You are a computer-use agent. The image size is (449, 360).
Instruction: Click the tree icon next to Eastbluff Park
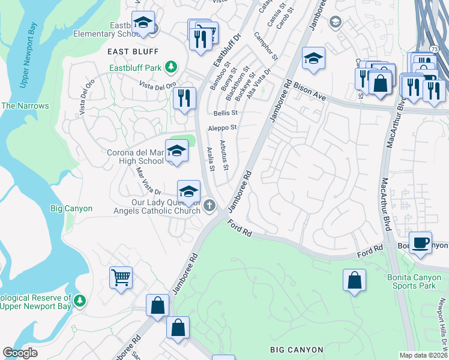tap(171, 67)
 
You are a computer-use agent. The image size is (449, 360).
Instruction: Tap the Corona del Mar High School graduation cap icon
tap(176, 151)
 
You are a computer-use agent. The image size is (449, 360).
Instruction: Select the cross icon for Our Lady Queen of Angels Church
tap(209, 206)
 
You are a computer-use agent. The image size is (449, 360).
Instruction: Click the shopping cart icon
tap(121, 278)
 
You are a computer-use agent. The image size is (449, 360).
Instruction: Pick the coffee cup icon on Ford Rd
tap(421, 242)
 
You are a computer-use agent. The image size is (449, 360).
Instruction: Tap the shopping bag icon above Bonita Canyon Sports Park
tap(355, 280)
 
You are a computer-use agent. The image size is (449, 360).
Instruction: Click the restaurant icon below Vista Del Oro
tap(184, 97)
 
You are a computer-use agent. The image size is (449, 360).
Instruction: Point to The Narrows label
tap(25, 106)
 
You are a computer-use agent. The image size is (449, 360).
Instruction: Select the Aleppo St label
tap(223, 128)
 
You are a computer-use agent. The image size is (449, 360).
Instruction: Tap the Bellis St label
tap(226, 112)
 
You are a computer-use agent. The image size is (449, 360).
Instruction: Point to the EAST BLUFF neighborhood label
tap(128, 52)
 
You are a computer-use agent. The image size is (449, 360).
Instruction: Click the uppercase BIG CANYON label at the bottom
tap(297, 350)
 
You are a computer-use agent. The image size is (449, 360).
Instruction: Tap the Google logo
tap(20, 353)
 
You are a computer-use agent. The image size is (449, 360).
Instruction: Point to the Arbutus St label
tap(224, 154)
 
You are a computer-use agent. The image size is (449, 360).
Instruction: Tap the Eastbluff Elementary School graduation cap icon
tap(143, 22)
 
